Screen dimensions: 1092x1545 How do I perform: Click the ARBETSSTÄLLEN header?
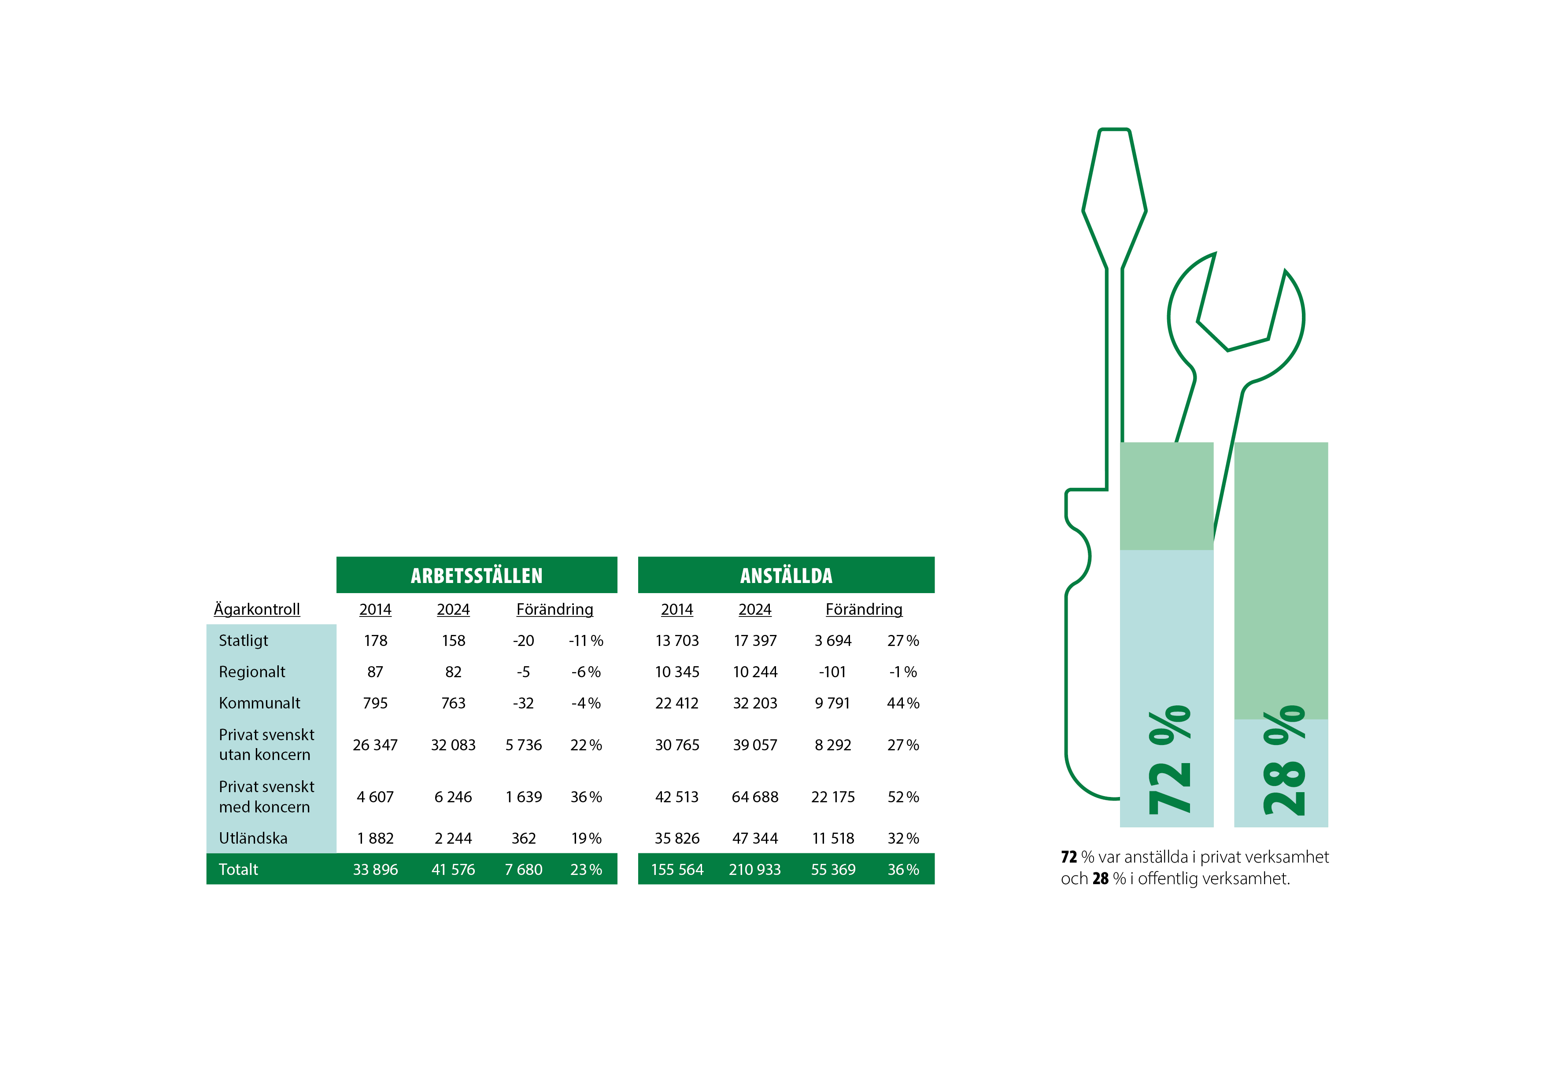click(477, 576)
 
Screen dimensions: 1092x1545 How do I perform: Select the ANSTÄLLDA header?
click(786, 576)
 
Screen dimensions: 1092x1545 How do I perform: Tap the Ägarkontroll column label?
click(256, 609)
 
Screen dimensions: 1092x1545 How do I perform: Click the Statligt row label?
click(243, 641)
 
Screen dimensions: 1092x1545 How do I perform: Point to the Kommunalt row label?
click(259, 703)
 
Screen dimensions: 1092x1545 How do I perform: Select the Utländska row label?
click(253, 838)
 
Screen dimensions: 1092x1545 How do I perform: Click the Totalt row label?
click(238, 869)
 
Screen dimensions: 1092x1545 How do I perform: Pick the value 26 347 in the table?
click(375, 745)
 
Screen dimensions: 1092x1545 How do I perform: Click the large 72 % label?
click(1169, 760)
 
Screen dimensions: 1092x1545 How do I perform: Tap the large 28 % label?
click(1284, 760)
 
